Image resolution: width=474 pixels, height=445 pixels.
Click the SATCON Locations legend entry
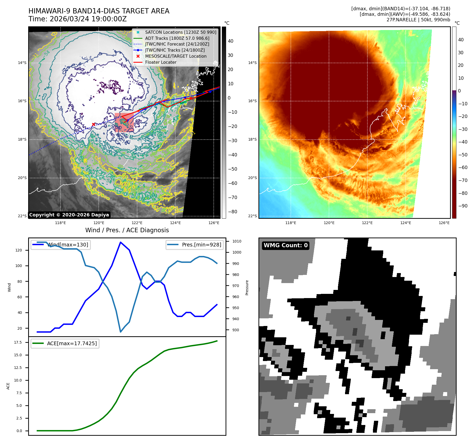(181, 32)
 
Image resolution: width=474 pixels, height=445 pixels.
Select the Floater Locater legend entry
(161, 62)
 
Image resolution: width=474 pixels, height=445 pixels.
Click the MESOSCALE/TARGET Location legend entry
(176, 56)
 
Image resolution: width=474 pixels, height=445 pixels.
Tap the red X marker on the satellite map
(93, 124)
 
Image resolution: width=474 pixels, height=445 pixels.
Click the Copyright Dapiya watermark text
(69, 215)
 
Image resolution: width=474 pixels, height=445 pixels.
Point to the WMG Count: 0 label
(286, 245)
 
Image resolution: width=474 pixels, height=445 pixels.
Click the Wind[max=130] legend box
(61, 245)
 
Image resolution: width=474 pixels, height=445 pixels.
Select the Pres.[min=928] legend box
(194, 245)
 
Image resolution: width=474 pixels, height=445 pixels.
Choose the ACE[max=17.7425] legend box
(65, 343)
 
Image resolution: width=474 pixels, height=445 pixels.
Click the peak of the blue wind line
(121, 242)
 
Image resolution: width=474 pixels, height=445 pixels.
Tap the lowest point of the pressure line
(121, 332)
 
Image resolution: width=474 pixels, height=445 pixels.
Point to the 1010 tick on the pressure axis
(237, 241)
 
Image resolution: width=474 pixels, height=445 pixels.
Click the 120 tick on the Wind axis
(19, 250)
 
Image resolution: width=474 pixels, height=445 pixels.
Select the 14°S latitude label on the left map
(22, 63)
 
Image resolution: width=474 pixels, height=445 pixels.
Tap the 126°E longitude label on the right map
(444, 223)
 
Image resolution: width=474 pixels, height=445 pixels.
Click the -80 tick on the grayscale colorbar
(233, 212)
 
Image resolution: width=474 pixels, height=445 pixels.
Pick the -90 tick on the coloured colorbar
(463, 206)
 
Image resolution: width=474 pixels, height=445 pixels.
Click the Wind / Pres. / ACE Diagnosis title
(127, 230)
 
